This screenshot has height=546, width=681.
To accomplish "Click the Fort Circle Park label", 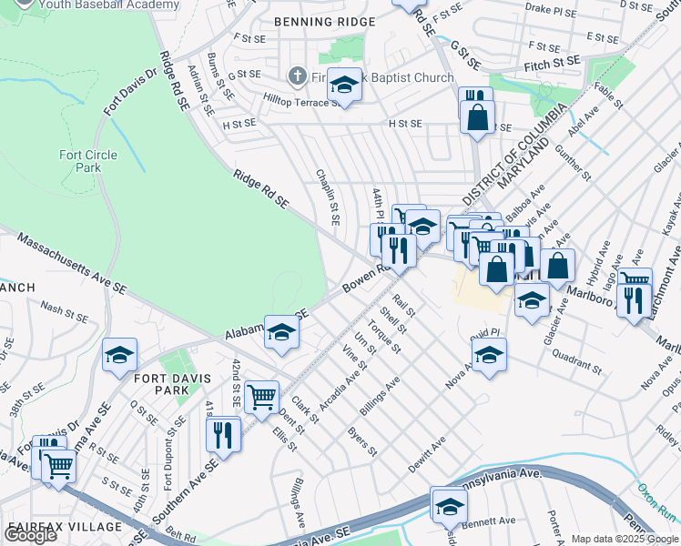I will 88,161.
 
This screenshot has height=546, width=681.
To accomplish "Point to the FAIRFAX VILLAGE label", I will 64,527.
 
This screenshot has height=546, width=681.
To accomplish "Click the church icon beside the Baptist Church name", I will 297,77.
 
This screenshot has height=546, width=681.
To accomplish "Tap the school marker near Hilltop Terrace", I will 344,85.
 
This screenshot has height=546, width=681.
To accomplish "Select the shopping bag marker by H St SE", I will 476,117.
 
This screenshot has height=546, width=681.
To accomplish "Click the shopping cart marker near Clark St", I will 262,395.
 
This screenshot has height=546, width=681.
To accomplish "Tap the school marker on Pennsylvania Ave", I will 449,503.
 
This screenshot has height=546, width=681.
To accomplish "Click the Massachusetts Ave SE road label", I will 72,263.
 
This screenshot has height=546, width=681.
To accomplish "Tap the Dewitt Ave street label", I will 426,452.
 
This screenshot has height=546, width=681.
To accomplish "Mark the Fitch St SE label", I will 553,61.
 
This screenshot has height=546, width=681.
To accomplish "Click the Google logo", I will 30,535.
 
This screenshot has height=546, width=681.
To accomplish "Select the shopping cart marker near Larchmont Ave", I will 635,278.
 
